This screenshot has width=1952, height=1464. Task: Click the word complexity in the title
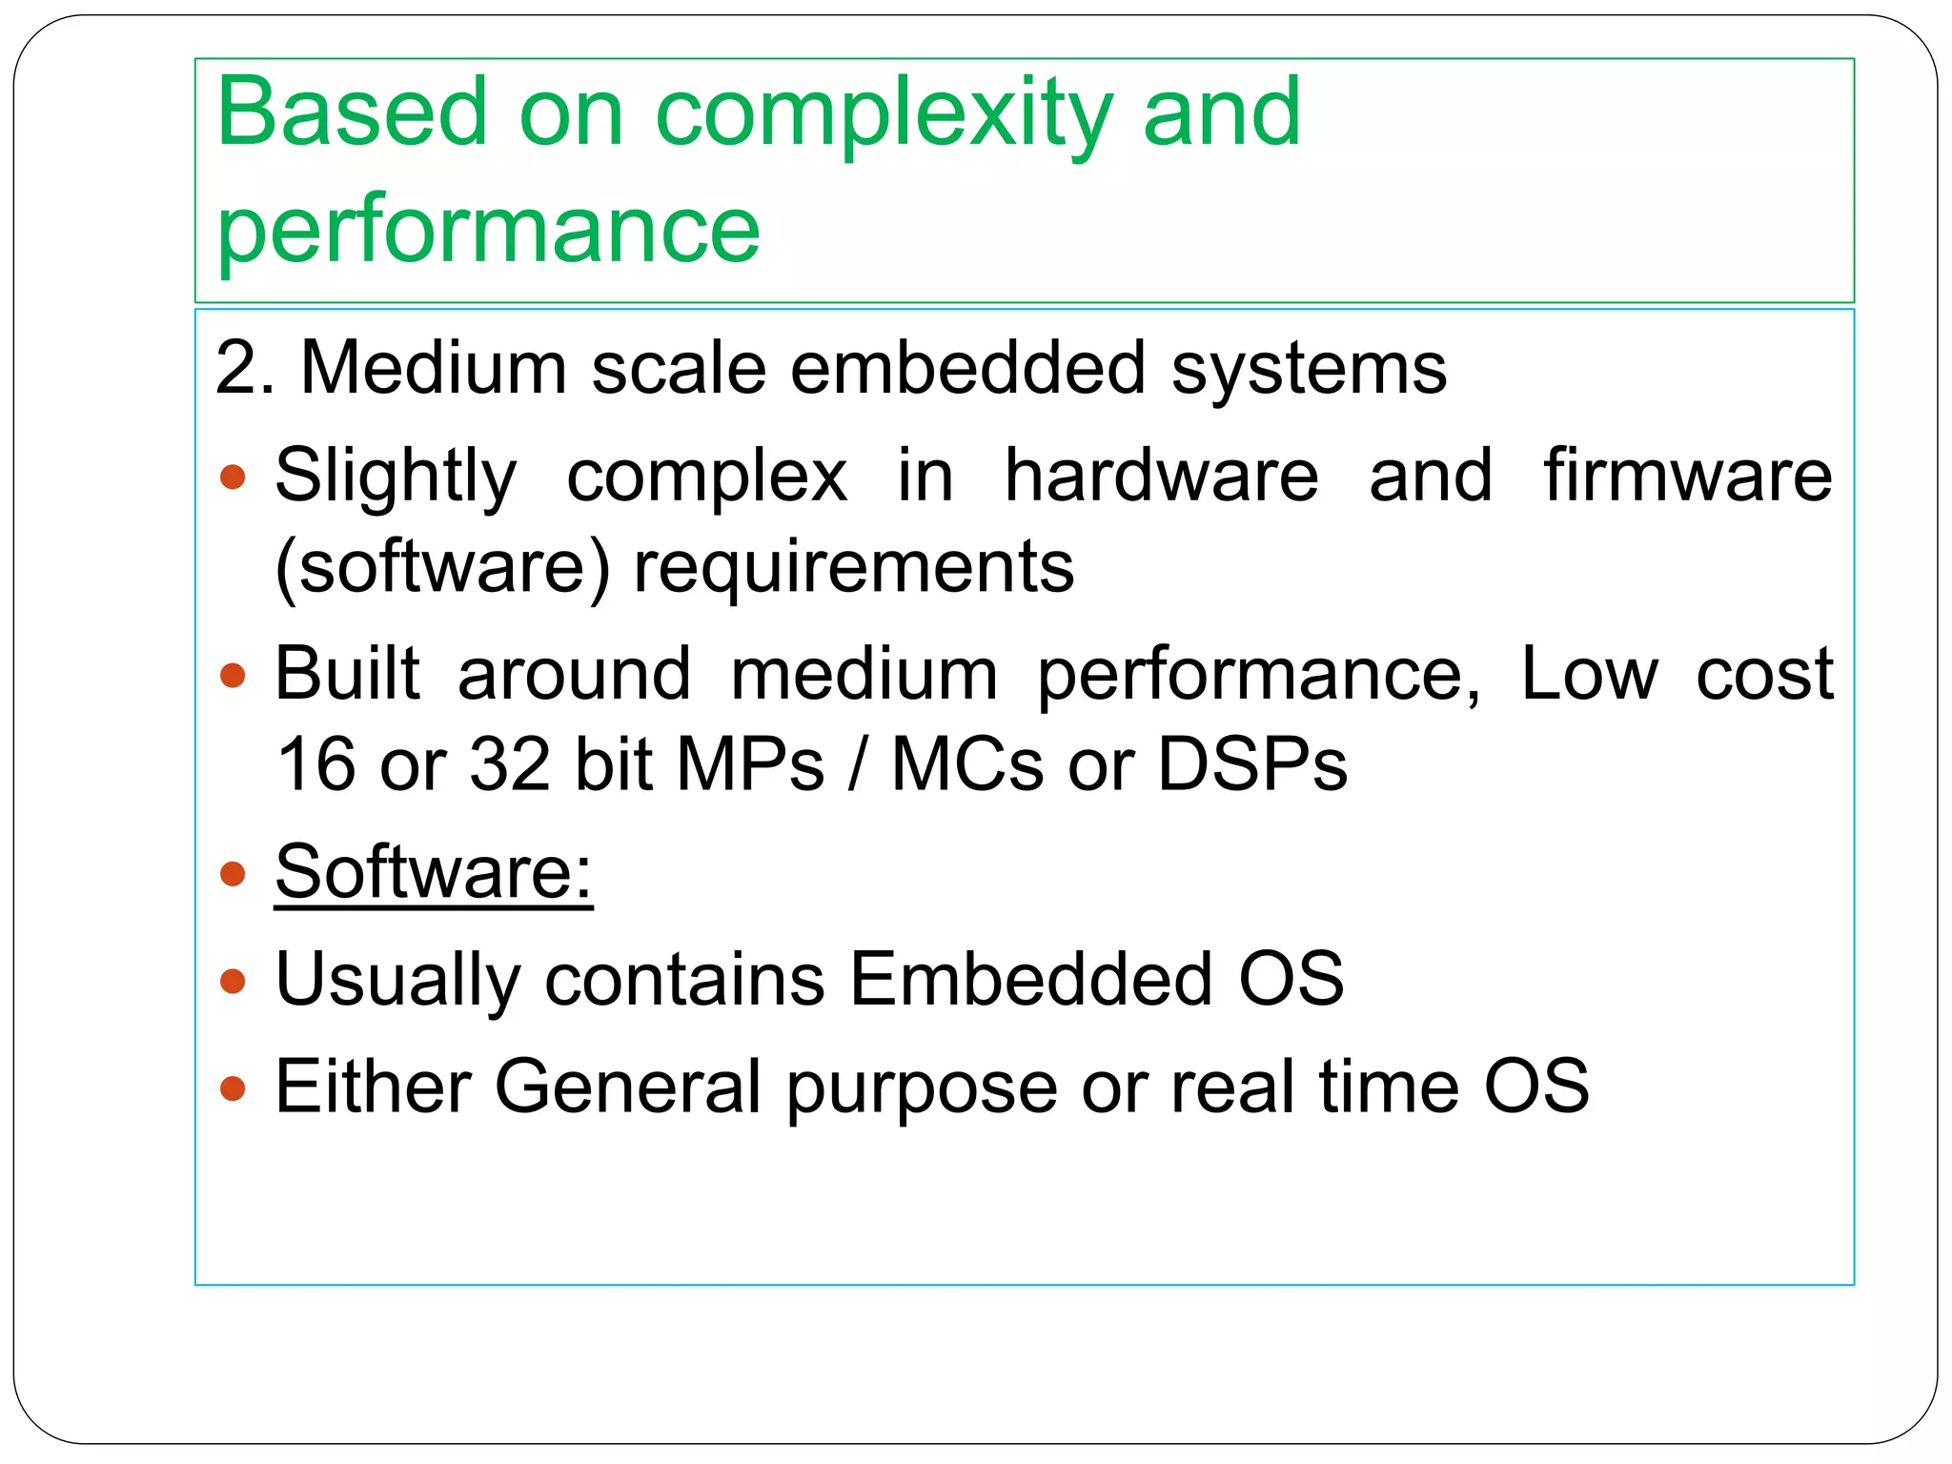pos(884,114)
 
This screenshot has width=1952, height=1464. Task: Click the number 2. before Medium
pos(244,368)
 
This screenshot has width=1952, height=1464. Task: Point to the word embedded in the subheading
pos(967,368)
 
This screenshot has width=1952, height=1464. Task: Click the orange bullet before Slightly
pos(233,476)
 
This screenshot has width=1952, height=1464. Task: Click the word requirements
pos(854,566)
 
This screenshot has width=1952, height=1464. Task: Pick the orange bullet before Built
pos(233,676)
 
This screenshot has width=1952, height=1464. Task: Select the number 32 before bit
pos(510,764)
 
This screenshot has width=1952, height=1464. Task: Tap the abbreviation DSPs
pos(1251,764)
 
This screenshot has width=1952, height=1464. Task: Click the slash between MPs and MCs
pos(858,764)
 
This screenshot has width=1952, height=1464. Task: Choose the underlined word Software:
pos(434,871)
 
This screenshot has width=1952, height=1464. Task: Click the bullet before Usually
pos(233,981)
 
